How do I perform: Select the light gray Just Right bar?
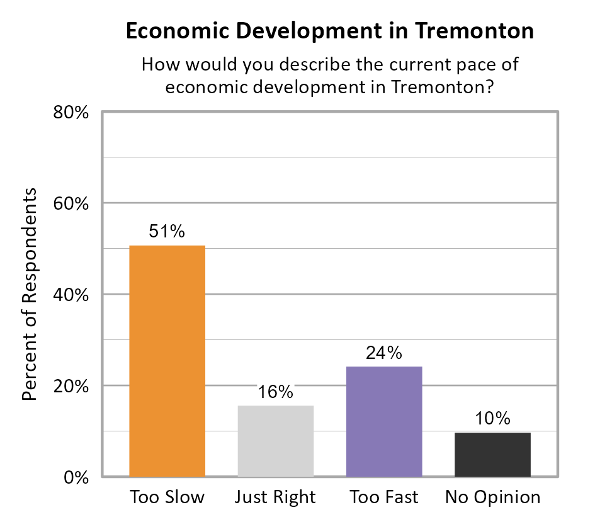tap(275, 441)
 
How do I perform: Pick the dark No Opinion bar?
tap(492, 454)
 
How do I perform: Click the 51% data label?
tap(167, 232)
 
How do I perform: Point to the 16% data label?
tap(275, 392)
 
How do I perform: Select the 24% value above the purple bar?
tap(384, 353)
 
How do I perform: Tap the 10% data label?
tap(492, 419)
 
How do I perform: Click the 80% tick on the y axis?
tap(71, 113)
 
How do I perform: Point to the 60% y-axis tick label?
tap(71, 204)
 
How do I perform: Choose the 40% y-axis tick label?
tap(71, 295)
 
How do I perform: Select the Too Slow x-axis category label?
tap(167, 498)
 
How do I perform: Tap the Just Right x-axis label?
tap(275, 498)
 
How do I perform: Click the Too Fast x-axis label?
tap(384, 498)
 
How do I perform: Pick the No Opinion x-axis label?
tap(492, 498)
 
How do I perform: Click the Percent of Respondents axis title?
tap(29, 294)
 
